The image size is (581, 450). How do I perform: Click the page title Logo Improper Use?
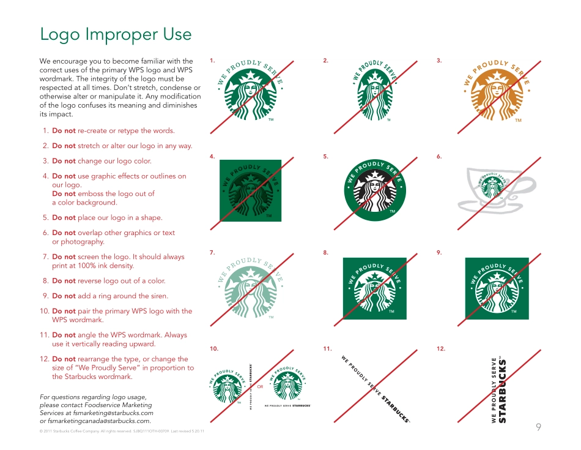click(116, 35)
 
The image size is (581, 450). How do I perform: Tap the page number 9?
click(538, 427)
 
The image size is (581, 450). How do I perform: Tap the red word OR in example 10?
click(260, 388)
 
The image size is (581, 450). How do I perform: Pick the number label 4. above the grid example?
click(212, 157)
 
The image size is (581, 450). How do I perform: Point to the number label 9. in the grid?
click(439, 252)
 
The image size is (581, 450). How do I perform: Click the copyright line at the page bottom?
click(122, 432)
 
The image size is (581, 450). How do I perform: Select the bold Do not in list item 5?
click(64, 217)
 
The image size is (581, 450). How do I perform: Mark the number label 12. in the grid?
click(441, 348)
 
